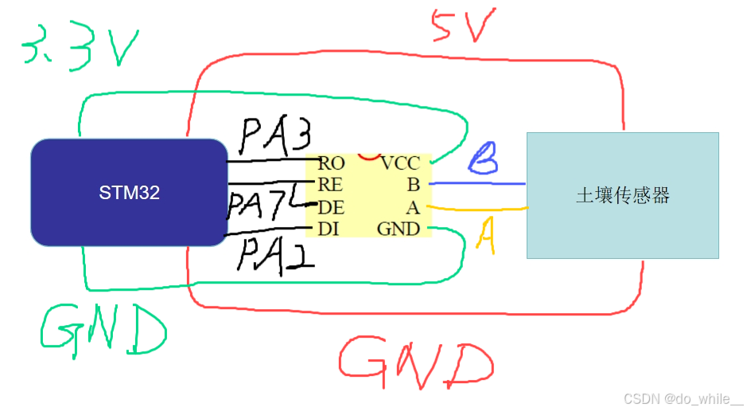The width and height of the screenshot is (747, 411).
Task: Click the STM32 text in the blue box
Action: tap(129, 192)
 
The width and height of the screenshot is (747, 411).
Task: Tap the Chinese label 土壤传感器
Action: tap(622, 195)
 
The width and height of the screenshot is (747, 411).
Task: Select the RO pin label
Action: tap(331, 164)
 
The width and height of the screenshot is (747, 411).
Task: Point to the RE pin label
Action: tap(330, 186)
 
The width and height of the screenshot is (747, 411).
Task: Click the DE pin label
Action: tap(330, 208)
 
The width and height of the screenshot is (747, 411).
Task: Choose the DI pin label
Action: tap(329, 229)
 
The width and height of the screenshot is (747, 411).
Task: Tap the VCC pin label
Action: tap(399, 164)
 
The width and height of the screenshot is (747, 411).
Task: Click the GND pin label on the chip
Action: tap(398, 229)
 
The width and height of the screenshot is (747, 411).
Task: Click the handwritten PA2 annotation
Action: tap(275, 253)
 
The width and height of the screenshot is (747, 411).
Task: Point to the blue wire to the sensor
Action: tap(477, 184)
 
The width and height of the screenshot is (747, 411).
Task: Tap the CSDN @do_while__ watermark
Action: tap(682, 397)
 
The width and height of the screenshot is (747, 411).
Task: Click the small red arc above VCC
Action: tap(368, 155)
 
